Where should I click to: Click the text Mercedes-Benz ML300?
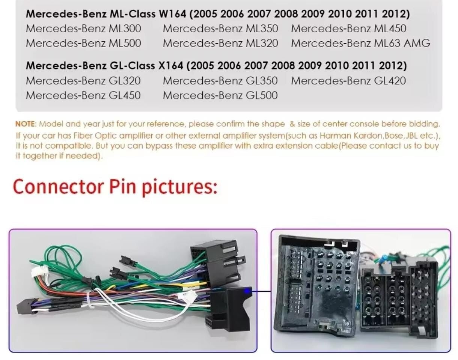(83, 29)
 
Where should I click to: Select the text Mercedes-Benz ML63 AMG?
(360, 43)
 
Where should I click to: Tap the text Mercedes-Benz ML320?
(220, 43)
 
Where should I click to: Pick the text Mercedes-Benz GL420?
(348, 80)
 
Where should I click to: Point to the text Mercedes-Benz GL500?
(220, 95)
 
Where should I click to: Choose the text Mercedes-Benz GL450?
(83, 95)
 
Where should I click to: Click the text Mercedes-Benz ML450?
(348, 29)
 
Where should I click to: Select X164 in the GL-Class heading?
(171, 66)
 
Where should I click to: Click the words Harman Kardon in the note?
(351, 135)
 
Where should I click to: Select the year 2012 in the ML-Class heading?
(396, 14)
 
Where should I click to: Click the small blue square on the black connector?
(247, 290)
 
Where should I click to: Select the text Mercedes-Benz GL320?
(83, 80)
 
